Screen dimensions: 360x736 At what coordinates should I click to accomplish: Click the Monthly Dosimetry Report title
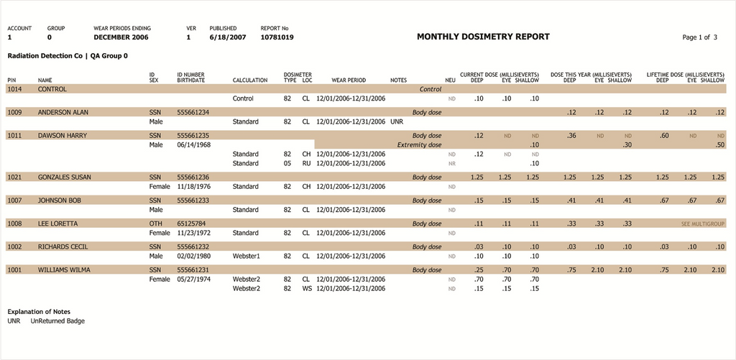pos(483,37)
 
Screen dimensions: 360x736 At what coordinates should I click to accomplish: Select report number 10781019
pos(277,37)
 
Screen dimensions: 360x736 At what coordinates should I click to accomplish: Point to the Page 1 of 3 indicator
pos(699,37)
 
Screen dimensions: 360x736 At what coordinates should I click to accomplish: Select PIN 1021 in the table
pos(15,177)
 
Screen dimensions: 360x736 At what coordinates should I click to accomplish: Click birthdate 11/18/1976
pos(193,186)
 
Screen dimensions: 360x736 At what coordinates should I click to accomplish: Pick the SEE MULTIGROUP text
pos(703,223)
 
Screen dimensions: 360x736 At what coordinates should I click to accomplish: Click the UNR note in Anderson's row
pos(396,121)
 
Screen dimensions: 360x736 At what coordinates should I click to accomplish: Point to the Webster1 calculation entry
pos(247,256)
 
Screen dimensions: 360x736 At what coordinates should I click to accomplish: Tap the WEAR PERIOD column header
pos(349,80)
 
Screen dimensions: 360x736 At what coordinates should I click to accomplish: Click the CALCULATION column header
pos(250,80)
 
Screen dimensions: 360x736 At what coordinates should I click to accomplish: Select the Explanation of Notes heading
pos(39,312)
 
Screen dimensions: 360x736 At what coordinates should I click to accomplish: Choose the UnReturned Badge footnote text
pos(57,321)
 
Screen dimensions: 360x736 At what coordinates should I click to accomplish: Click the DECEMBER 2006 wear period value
pos(121,37)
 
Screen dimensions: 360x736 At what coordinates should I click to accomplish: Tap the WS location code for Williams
pos(307,289)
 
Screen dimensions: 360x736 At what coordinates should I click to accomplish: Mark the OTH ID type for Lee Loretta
pos(155,223)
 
